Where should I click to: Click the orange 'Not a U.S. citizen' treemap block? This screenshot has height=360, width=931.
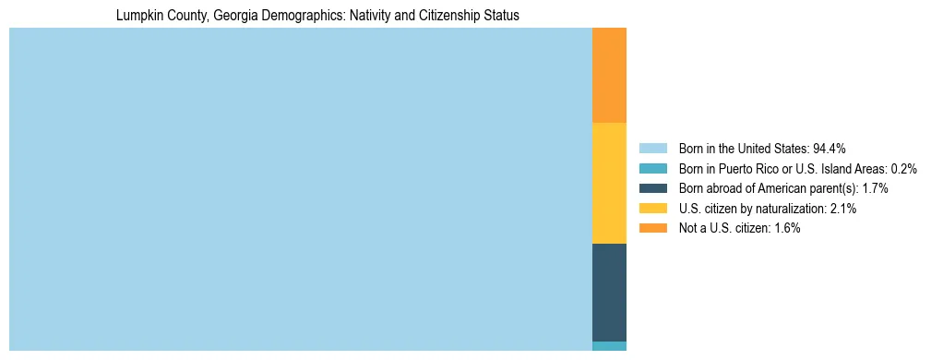(609, 76)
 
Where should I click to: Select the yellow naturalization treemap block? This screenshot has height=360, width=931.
(609, 183)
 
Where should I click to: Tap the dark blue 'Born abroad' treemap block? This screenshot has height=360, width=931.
(609, 292)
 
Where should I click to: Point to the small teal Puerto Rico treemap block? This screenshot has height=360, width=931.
(609, 346)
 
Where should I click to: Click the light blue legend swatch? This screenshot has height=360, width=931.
(652, 148)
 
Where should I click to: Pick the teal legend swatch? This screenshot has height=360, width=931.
(652, 168)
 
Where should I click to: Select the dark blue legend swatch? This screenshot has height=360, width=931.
(652, 188)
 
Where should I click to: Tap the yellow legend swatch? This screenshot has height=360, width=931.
(652, 209)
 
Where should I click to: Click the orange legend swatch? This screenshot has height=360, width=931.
(652, 228)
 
